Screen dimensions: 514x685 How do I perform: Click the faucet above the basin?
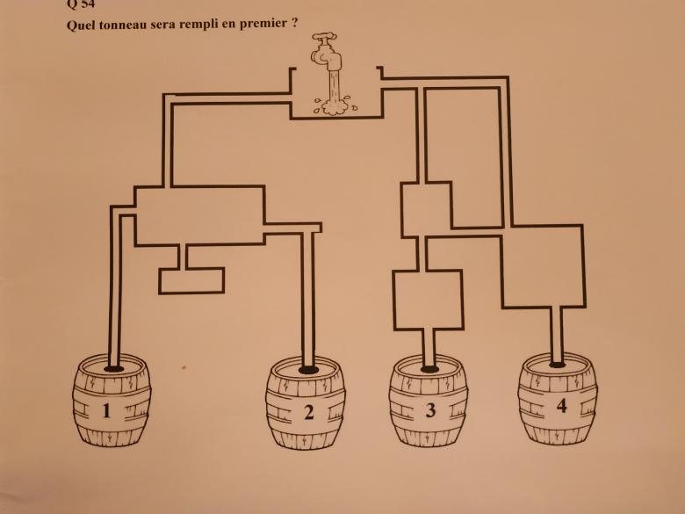(x=329, y=54)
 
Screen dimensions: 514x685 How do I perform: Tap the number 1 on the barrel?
(x=106, y=410)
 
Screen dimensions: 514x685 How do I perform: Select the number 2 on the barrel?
(x=308, y=412)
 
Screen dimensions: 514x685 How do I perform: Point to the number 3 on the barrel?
(x=429, y=410)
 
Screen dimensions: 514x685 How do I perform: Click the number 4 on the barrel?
(x=561, y=405)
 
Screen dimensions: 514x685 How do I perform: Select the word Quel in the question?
(x=82, y=24)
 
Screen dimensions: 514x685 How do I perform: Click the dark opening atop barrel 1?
(x=112, y=368)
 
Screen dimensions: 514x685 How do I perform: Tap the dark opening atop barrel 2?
(x=308, y=369)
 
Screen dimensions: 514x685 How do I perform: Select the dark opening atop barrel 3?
(x=429, y=369)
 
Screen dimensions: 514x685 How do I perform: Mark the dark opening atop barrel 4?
(x=557, y=363)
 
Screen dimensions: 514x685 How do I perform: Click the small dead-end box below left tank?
(x=191, y=280)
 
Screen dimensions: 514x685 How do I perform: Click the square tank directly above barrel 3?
(x=427, y=299)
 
